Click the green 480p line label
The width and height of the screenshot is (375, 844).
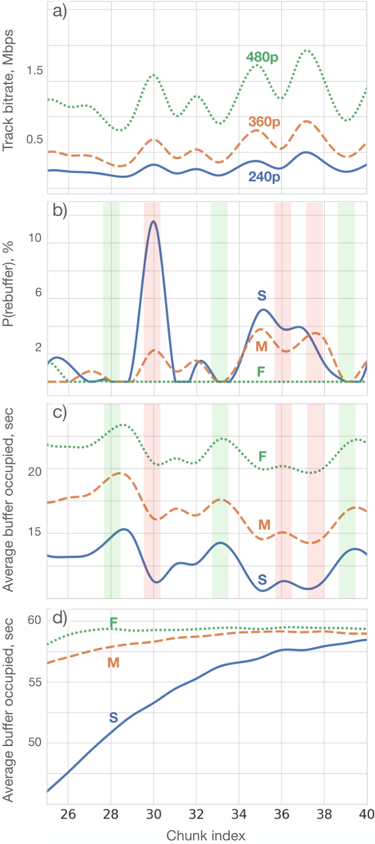262,57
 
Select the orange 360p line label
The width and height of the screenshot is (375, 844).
264,122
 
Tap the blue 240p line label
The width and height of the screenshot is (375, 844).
264,177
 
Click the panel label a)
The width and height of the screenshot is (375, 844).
59,11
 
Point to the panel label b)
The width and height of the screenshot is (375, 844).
59,210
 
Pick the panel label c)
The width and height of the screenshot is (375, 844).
59,412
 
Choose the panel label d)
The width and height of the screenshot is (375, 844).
59,618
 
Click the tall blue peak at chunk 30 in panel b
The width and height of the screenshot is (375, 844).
153,221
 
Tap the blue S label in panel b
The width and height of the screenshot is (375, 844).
262,296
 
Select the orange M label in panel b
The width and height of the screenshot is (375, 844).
261,346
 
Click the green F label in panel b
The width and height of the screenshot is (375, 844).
261,372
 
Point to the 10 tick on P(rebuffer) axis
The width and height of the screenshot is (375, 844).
34,238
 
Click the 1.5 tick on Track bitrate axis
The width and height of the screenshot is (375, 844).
34,71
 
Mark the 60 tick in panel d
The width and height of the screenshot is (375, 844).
34,620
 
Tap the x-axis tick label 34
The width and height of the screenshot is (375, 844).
239,814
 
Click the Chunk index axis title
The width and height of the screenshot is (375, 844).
206,835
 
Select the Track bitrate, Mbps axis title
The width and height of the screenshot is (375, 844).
8,91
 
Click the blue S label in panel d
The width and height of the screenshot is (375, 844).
114,717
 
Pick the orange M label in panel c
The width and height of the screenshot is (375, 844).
264,525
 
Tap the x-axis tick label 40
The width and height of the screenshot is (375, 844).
367,814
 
